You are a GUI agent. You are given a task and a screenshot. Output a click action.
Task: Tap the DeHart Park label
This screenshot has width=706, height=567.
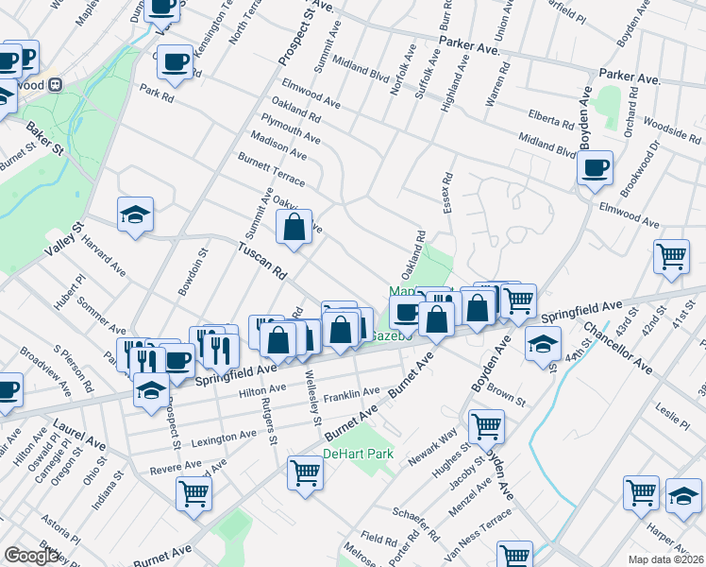[358, 455]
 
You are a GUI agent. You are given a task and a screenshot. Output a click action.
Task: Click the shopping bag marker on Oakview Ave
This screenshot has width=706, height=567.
[294, 227]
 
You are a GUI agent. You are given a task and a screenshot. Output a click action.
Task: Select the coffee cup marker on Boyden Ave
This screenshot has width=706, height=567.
[595, 168]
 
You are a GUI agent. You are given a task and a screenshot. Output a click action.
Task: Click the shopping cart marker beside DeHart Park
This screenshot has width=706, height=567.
[306, 472]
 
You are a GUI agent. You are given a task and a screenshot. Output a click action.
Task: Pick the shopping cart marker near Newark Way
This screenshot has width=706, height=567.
[486, 426]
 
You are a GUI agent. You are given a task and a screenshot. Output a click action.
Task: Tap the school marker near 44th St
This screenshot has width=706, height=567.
[543, 344]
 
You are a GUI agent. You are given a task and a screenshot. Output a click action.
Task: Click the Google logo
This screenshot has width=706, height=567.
[31, 556]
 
